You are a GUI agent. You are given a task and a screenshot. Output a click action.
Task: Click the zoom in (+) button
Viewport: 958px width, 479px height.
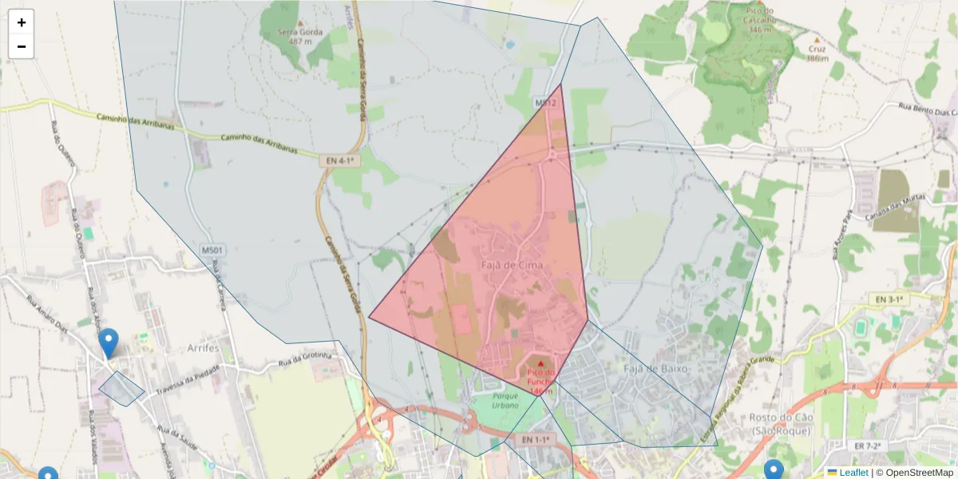(22, 22)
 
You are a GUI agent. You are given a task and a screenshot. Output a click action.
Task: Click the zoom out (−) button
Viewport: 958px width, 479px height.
(22, 46)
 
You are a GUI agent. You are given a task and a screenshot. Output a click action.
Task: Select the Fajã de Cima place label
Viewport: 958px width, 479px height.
(512, 264)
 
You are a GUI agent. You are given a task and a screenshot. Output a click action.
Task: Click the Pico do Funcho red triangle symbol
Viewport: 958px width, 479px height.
(540, 365)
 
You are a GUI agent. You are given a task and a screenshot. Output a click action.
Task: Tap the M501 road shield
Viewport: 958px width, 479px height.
(213, 251)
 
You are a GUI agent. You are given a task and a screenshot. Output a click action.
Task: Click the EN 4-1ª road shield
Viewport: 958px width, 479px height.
(339, 160)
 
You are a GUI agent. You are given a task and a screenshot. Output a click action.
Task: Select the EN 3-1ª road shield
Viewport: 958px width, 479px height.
(888, 299)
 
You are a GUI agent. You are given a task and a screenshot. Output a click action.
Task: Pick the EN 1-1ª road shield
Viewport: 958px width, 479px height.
(534, 440)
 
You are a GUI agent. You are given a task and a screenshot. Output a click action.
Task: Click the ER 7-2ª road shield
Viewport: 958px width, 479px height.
(866, 445)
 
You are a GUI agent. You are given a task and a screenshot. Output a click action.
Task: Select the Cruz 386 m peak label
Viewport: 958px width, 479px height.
(816, 53)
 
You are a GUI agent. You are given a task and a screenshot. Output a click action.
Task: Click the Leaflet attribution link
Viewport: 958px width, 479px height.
(853, 473)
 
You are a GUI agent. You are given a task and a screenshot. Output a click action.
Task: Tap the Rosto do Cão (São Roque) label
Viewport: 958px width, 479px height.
(780, 424)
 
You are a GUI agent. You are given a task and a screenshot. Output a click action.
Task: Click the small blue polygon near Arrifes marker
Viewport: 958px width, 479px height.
(121, 389)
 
